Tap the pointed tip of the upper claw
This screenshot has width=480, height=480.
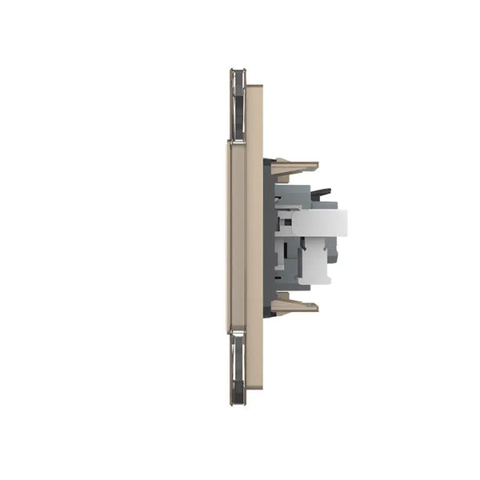pos(316,166)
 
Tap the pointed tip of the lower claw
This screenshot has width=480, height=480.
pos(316,306)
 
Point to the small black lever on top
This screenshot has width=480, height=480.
pos(320,193)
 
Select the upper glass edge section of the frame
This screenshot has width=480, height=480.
pos(238,104)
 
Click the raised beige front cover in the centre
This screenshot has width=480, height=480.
pos(237,236)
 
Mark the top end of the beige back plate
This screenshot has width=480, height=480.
pos(254,88)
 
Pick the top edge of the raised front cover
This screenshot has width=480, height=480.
pos(237,143)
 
